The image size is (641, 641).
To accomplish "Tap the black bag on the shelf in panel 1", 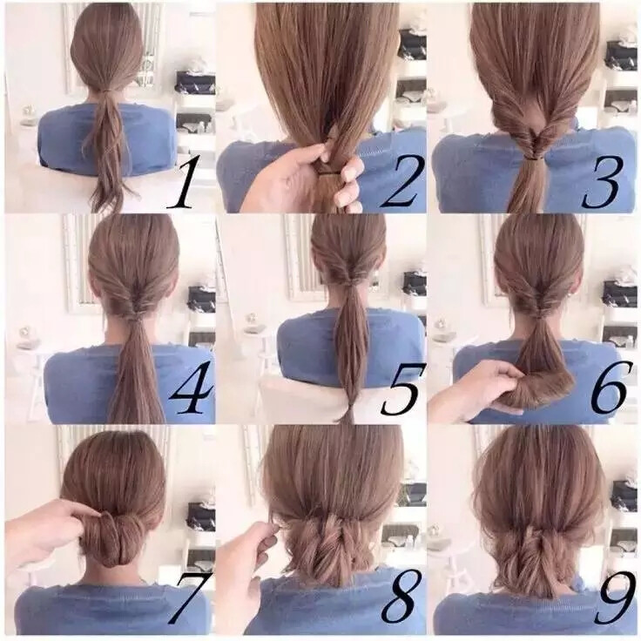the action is (195, 83).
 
